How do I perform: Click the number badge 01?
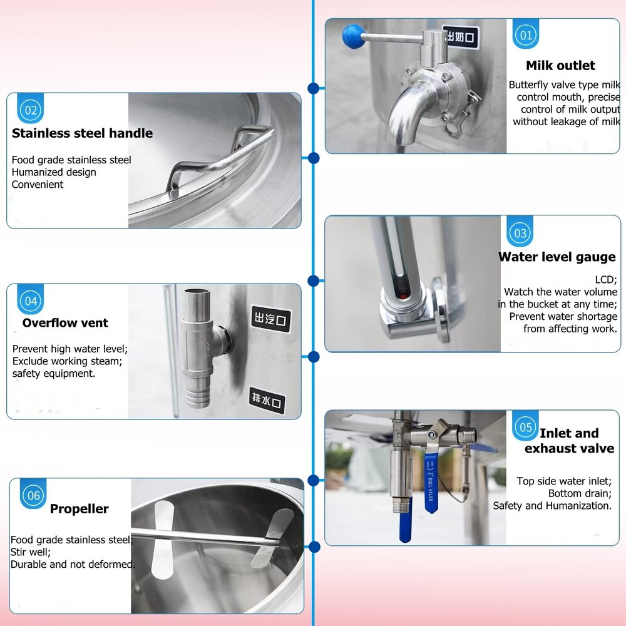click(x=526, y=35)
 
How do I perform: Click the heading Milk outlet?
click(x=560, y=65)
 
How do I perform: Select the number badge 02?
click(x=31, y=111)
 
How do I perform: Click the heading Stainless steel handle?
click(x=82, y=133)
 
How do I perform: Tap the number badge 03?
click(x=520, y=233)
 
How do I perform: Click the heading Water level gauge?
click(x=557, y=257)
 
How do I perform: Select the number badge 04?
click(x=31, y=301)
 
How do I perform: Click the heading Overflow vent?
click(x=65, y=323)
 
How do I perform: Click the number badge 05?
click(x=525, y=428)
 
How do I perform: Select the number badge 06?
click(x=33, y=496)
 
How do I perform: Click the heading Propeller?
click(x=80, y=509)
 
